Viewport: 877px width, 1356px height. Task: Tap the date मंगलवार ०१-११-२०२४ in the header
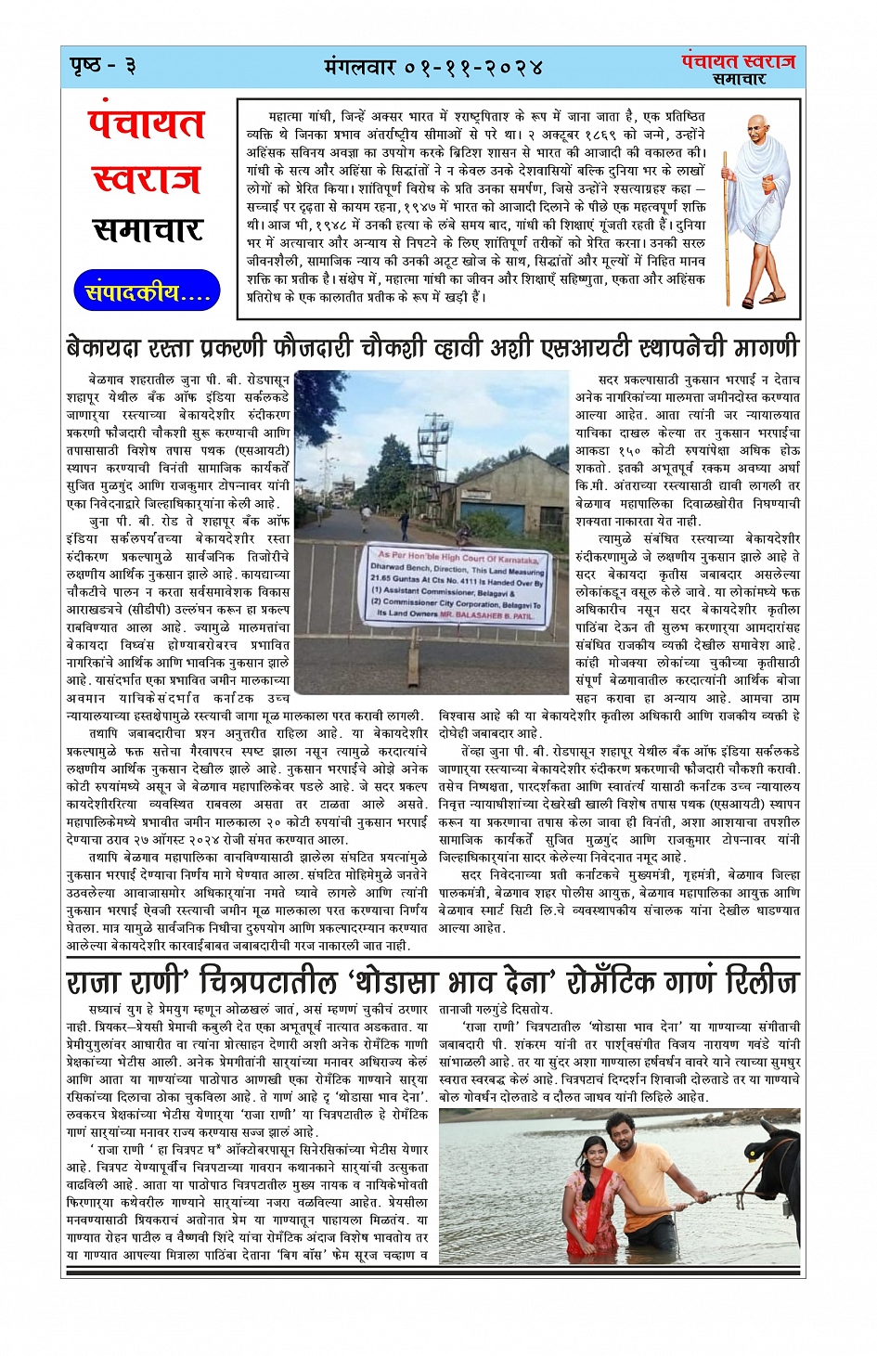(x=433, y=68)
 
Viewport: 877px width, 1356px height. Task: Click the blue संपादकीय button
(x=147, y=292)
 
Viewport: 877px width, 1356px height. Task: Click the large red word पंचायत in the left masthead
(x=147, y=124)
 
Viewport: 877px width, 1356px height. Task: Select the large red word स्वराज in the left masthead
(x=147, y=178)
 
